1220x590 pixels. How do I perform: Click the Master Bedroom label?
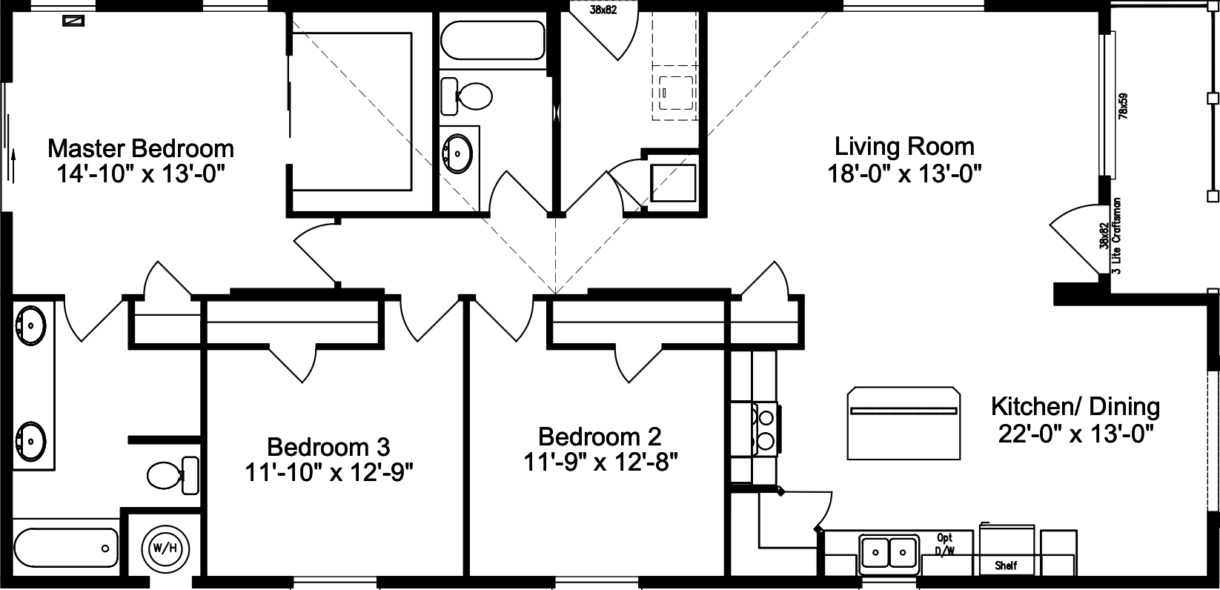point(141,148)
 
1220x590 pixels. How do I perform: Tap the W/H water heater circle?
point(165,549)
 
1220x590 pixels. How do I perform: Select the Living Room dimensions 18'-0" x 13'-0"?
point(904,174)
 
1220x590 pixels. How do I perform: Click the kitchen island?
point(904,423)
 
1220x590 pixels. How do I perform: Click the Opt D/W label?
point(944,543)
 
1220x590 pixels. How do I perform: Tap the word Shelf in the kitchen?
point(1006,566)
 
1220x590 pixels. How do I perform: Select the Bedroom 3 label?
point(328,447)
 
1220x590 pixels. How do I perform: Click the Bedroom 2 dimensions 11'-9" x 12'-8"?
point(600,462)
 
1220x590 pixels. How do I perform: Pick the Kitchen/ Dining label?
point(1075,406)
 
